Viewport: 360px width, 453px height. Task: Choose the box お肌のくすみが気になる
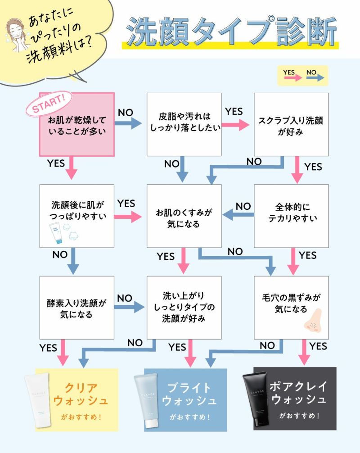coord(184,216)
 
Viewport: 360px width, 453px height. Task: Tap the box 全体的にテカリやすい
coord(291,216)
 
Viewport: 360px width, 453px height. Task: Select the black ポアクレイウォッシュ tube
coord(256,399)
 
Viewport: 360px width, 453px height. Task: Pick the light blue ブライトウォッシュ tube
coord(146,399)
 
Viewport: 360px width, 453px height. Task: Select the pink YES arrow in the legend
coord(291,78)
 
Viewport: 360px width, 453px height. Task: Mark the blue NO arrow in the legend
coord(315,78)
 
